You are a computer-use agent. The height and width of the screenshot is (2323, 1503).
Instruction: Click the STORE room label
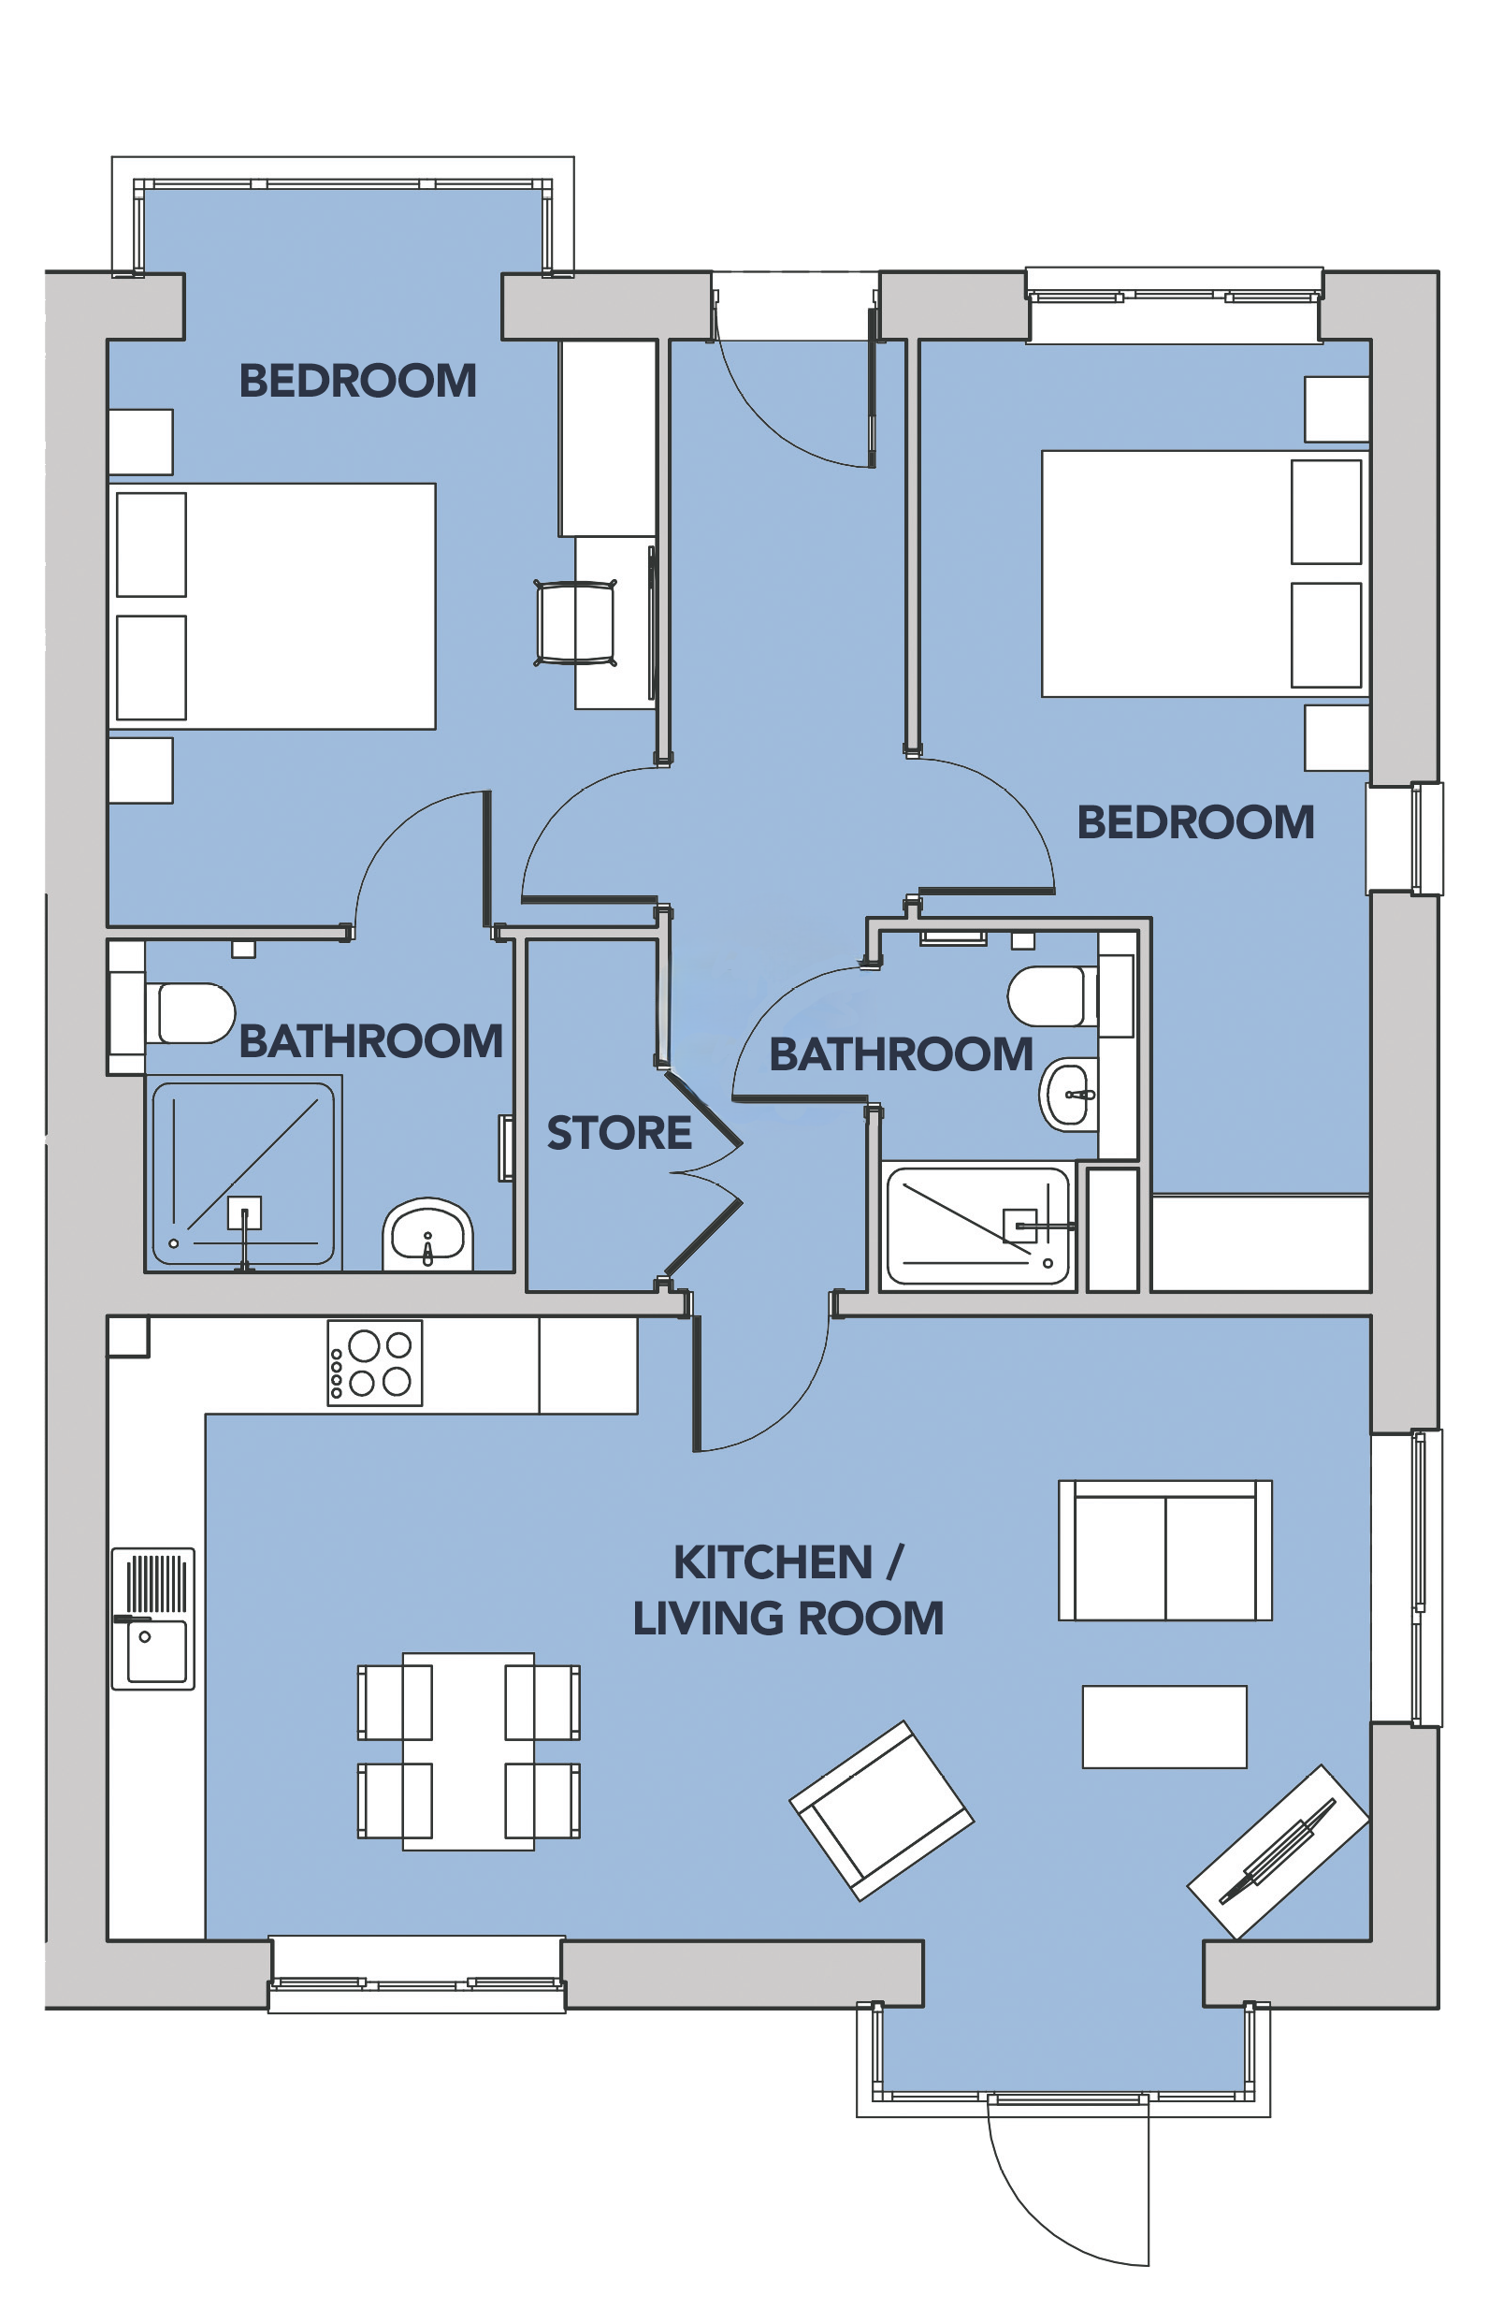click(619, 1133)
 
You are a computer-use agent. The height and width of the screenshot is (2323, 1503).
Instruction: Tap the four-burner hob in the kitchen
click(375, 1362)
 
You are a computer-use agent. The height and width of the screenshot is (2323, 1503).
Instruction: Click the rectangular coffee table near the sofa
click(1164, 1727)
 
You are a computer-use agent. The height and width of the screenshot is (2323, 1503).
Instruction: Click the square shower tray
click(244, 1173)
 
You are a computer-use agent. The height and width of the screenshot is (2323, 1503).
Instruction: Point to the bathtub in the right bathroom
click(978, 1226)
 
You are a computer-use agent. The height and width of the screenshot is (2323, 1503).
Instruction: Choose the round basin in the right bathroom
click(1070, 1095)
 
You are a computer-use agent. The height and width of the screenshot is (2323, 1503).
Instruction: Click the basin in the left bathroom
click(427, 1236)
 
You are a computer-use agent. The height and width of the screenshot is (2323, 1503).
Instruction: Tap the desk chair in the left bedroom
click(576, 623)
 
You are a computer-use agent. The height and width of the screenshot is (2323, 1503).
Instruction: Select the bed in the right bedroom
click(1207, 573)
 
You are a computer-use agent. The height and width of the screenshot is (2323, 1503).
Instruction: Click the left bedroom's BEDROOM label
click(358, 381)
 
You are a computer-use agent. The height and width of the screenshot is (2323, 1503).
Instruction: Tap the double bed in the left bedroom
click(271, 606)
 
